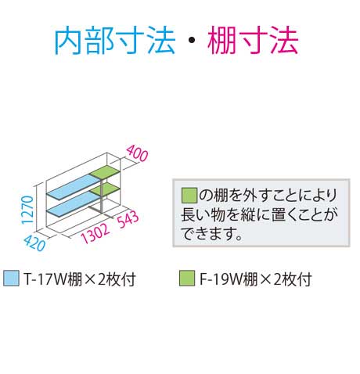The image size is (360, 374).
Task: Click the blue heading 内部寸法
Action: coord(115,41)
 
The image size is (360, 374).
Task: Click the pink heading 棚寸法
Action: coord(253,41)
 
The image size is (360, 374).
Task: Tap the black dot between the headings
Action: coord(192,40)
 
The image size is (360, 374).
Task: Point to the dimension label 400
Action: coord(137,153)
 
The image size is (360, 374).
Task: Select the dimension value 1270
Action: coord(27,210)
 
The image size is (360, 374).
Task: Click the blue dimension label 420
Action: coord(34,243)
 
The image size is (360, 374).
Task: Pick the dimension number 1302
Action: coord(95,233)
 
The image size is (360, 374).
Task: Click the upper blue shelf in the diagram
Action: coord(74,187)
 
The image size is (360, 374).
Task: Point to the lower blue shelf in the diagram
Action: coord(74,205)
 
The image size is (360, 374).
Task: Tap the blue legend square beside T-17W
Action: coord(11,279)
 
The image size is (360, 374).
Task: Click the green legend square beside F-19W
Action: coord(187,279)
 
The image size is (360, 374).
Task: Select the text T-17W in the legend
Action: coord(45,279)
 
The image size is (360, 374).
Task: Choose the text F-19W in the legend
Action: coord(221,279)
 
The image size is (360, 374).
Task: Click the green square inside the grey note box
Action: coord(189,195)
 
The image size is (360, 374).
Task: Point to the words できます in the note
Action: coord(208,233)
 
